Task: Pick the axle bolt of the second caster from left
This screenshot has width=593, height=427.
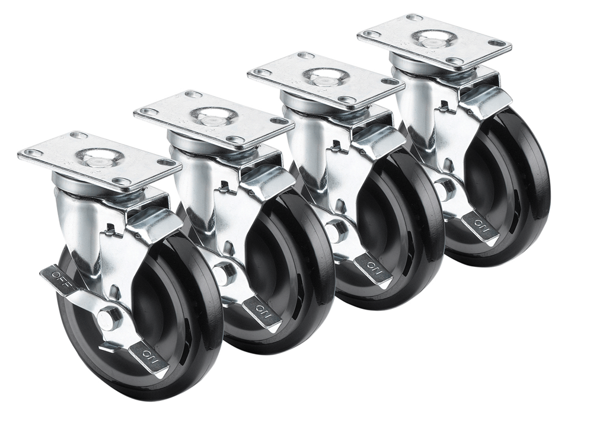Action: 225,273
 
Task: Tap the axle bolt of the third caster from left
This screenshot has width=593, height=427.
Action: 336,230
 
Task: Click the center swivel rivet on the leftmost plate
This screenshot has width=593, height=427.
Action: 100,157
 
